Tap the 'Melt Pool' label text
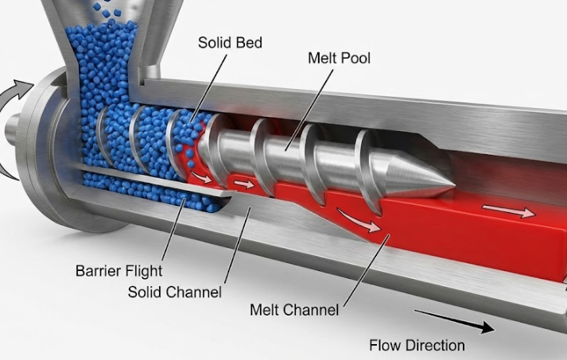tap(340, 59)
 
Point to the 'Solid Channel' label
tap(175, 292)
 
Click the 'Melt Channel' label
tap(294, 309)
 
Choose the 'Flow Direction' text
tap(417, 345)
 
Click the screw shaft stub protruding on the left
tap(11, 128)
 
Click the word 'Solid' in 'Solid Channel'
tap(146, 292)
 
